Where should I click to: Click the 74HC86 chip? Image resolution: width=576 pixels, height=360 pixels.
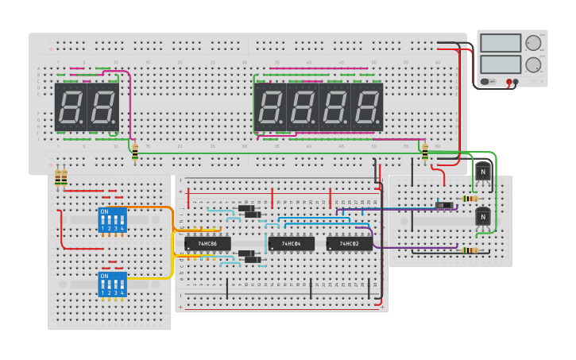point(207,244)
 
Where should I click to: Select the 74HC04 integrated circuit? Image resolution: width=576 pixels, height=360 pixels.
point(291,244)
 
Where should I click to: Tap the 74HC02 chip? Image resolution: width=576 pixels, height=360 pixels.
point(349,244)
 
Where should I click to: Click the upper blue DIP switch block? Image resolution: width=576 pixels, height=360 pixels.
point(112,220)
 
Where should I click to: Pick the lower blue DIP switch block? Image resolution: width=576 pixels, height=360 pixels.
point(112,285)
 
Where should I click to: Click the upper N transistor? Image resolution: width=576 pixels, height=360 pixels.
point(482,172)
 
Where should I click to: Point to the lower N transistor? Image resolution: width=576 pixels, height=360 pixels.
point(482,217)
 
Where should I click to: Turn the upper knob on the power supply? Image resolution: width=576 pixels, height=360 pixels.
point(533,43)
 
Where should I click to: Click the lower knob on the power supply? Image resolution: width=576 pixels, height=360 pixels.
point(533,64)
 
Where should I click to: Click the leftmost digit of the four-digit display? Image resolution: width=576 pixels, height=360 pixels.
point(270,107)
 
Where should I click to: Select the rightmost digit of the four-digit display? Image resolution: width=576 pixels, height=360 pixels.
point(367,107)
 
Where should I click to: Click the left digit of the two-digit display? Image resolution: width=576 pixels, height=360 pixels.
point(70,107)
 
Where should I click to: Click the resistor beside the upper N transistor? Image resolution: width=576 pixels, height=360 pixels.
point(470,199)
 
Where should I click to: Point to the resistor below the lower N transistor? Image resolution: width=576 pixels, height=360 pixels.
point(470,250)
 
